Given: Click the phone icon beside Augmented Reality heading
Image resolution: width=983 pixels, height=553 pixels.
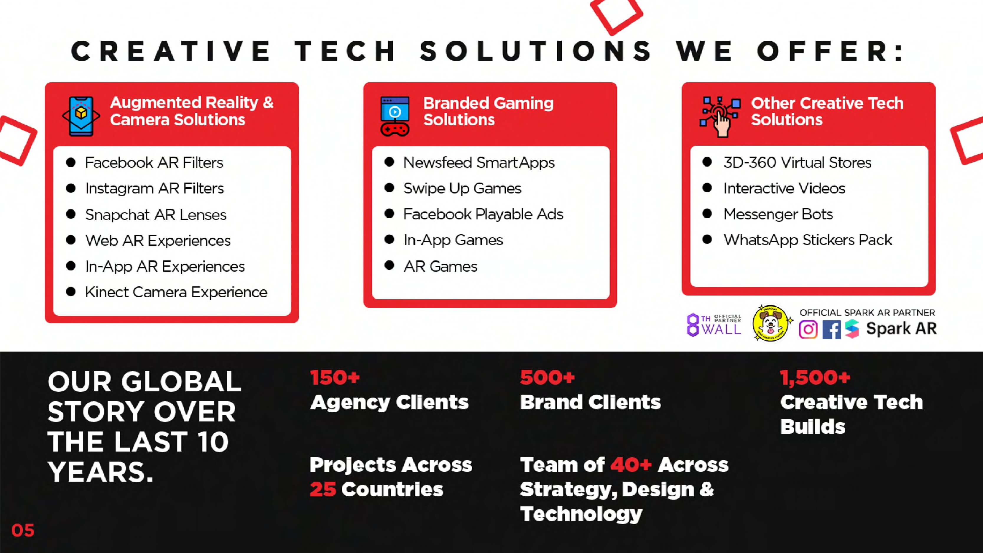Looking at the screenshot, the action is (x=81, y=116).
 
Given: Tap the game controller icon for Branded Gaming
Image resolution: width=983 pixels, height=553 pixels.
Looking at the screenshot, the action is (x=395, y=116).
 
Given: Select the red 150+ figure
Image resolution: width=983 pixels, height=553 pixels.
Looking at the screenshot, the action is (x=335, y=378).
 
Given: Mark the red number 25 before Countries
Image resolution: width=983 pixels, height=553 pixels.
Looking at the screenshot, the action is (x=323, y=489).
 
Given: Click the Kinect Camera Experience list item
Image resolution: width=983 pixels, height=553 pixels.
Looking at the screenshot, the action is (x=176, y=292).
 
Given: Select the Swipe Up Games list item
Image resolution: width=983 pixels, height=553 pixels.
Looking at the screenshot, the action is (x=462, y=188).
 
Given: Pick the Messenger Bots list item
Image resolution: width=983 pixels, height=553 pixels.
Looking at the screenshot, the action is (x=778, y=214).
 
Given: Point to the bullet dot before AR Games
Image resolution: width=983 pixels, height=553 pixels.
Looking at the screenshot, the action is (x=389, y=265).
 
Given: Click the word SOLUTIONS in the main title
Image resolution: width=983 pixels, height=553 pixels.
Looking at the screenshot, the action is (x=535, y=51).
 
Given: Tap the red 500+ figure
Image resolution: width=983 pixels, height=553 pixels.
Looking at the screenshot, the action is (x=547, y=378).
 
